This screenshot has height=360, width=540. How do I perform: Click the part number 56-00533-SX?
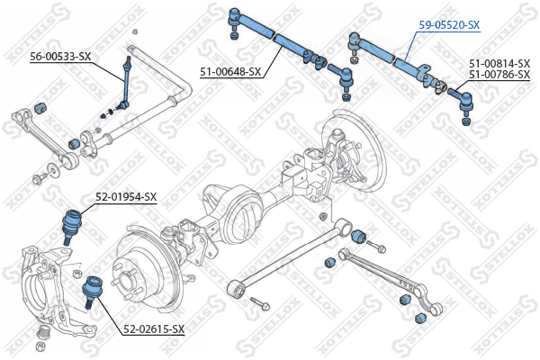pyautogui.click(x=60, y=56)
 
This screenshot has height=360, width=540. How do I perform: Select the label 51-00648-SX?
pyautogui.click(x=230, y=72)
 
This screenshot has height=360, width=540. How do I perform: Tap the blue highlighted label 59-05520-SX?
pyautogui.click(x=449, y=25)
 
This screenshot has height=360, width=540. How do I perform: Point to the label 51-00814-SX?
pyautogui.click(x=499, y=63)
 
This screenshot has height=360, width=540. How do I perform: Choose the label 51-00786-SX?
pyautogui.click(x=499, y=74)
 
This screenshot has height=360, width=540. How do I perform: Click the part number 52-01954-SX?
pyautogui.click(x=126, y=197)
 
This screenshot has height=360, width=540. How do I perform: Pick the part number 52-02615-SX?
pyautogui.click(x=154, y=329)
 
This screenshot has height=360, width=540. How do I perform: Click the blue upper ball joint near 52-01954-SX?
pyautogui.click(x=72, y=226)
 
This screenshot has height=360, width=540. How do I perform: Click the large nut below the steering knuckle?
pyautogui.click(x=45, y=331)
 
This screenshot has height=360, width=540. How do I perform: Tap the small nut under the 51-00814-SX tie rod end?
pyautogui.click(x=465, y=121)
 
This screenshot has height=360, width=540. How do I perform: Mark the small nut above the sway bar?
pyautogui.click(x=135, y=31)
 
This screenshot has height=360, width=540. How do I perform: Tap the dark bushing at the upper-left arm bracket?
pyautogui.click(x=41, y=107)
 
